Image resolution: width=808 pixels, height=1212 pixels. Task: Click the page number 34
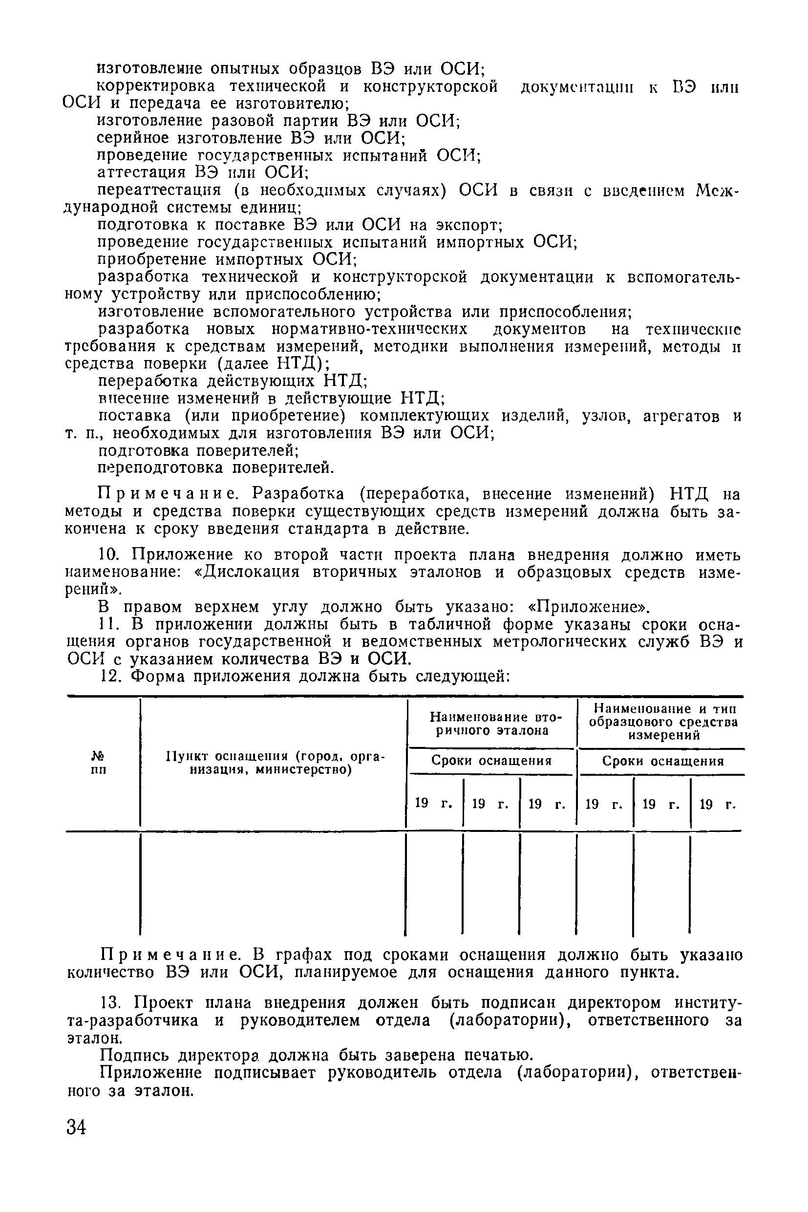click(x=76, y=1127)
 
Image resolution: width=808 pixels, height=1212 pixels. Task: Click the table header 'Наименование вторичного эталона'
click(x=491, y=723)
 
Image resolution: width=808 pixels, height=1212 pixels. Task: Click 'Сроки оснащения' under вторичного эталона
click(x=491, y=761)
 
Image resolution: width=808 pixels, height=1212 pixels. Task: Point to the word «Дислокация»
click(x=244, y=573)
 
